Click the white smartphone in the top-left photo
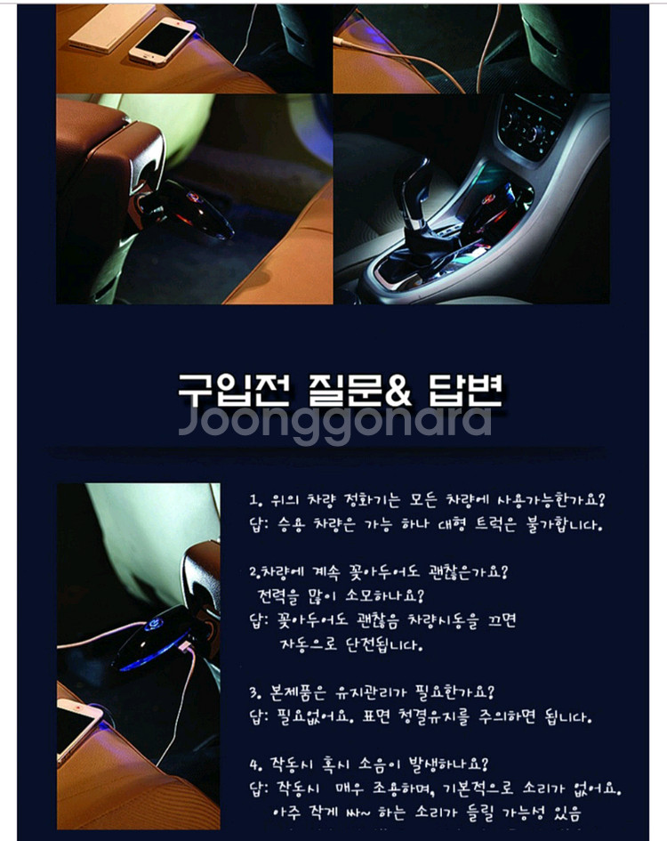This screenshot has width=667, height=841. [x=163, y=41]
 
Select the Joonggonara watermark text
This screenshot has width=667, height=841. [x=334, y=423]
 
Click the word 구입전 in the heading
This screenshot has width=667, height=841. [x=234, y=390]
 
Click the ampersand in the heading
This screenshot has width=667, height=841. [x=398, y=391]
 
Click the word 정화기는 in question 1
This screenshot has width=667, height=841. [x=370, y=500]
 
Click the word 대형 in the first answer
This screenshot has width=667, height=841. [x=452, y=523]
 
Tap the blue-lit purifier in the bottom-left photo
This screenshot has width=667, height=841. [x=156, y=641]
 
